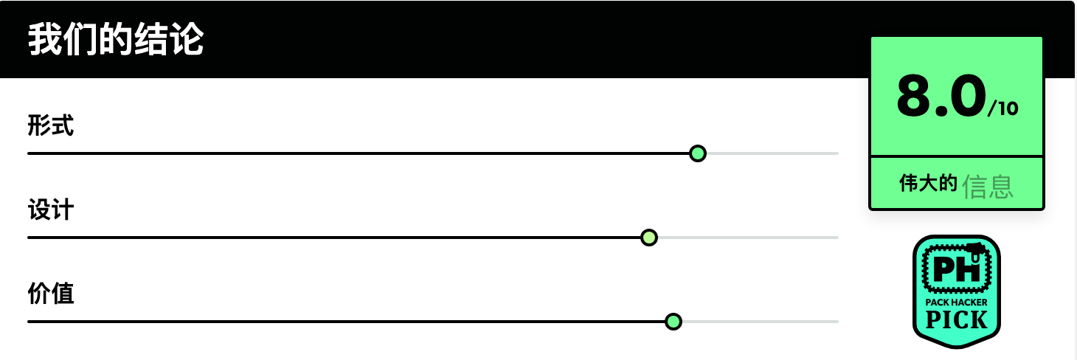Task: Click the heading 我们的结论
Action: (116, 39)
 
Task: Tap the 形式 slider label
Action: (50, 125)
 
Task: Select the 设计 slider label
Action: (50, 210)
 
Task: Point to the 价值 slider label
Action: (50, 293)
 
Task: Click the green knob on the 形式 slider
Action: (698, 153)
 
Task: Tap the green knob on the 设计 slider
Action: (649, 238)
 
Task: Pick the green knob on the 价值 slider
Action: (673, 322)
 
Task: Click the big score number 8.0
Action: (941, 96)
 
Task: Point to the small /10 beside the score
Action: (1003, 108)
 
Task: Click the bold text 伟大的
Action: (928, 183)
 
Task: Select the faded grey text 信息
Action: (988, 187)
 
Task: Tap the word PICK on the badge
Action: (956, 320)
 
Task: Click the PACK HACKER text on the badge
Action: (956, 302)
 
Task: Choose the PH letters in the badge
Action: (956, 269)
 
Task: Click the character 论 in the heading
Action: (187, 39)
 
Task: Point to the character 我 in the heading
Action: (45, 39)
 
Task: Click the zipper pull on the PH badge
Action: (975, 252)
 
